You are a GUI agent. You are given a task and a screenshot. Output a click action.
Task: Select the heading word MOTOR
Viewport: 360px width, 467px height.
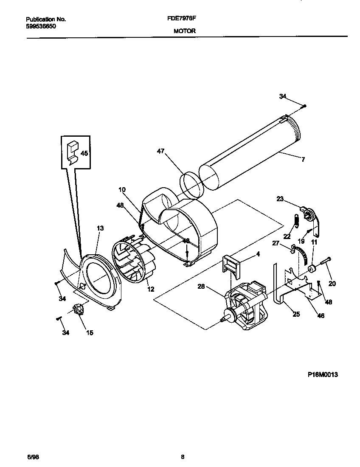pos(184,31)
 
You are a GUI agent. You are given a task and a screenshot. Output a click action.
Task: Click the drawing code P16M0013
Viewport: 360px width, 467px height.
pos(323,375)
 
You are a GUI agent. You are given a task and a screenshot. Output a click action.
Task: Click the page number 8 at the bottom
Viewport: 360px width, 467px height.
pos(182,457)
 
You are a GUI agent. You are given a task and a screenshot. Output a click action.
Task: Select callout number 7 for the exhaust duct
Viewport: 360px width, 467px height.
pos(303,160)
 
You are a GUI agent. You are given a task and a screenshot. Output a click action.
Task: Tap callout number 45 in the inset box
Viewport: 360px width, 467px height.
pos(84,153)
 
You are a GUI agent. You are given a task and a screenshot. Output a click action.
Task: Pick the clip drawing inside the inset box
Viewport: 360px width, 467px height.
pos(72,152)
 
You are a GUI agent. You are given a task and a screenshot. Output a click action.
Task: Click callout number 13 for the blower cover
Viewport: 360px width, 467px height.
pos(100,228)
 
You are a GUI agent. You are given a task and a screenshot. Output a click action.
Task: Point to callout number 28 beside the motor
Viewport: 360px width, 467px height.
pos(201,287)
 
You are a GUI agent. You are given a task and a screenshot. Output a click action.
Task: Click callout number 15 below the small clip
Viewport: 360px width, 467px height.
pos(90,333)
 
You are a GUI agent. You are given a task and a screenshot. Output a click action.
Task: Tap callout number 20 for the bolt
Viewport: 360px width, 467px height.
pos(332,284)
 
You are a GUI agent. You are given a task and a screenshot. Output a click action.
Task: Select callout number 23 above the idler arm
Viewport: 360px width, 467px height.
pos(280,198)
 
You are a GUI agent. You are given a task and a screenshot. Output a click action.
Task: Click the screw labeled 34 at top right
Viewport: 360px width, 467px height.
pos(305,105)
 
